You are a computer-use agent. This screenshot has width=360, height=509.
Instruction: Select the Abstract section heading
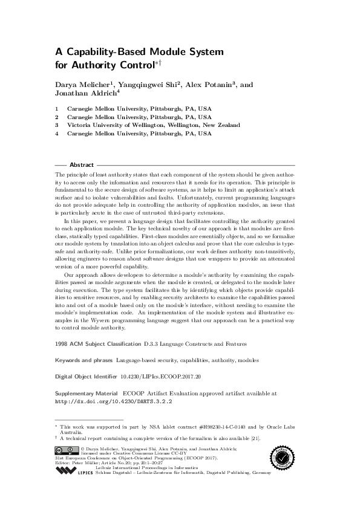82,164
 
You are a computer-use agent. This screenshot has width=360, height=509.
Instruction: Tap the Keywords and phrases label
83,360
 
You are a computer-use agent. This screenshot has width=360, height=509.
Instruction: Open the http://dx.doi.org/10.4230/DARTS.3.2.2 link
114,400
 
